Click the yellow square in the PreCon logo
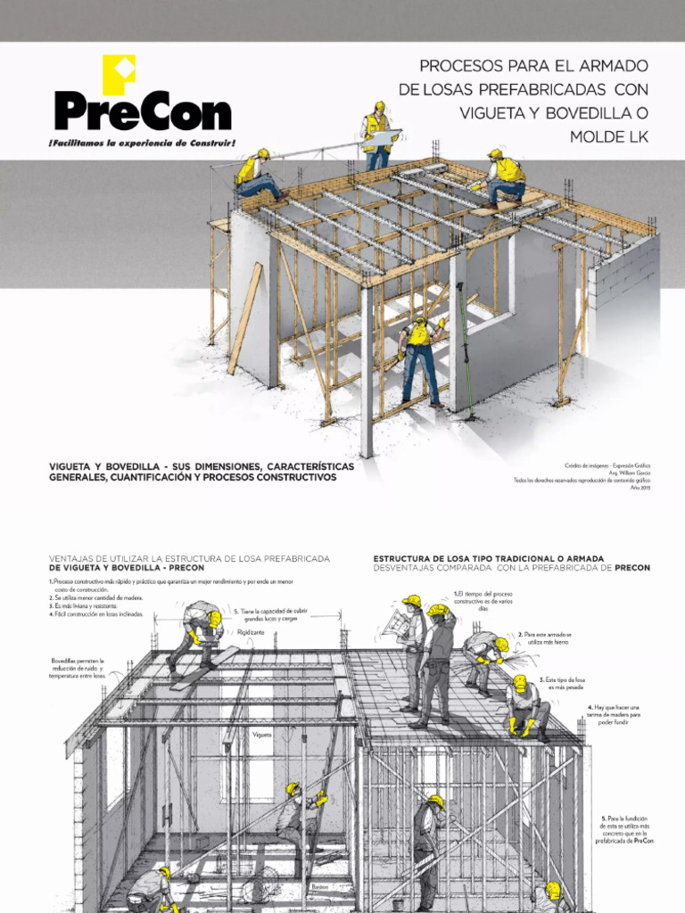pyautogui.click(x=119, y=75)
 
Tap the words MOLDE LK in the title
pyautogui.click(x=609, y=136)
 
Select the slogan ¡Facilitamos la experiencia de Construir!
pyautogui.click(x=143, y=143)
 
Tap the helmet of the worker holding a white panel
pyautogui.click(x=380, y=106)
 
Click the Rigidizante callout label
pyautogui.click(x=252, y=632)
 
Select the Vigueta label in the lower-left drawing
pyautogui.click(x=262, y=736)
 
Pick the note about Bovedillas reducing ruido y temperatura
pyautogui.click(x=78, y=669)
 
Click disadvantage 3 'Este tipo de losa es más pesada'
pyautogui.click(x=565, y=684)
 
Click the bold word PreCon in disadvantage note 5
pyautogui.click(x=644, y=842)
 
